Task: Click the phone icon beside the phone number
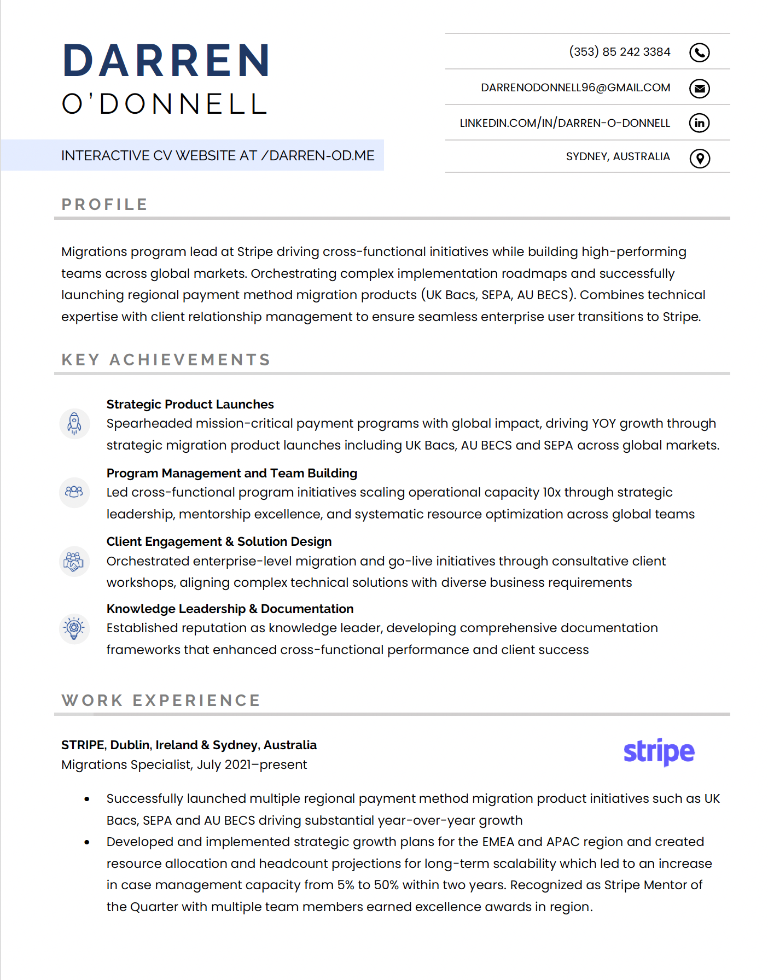click(699, 52)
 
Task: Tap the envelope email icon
click(699, 88)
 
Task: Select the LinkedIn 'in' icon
click(699, 122)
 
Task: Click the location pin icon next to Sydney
click(699, 158)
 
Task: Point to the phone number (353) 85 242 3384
click(619, 52)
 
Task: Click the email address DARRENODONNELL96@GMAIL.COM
click(575, 87)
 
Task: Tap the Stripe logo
click(659, 752)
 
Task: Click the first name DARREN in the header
click(166, 61)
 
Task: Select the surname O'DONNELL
click(165, 104)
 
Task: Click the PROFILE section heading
click(104, 205)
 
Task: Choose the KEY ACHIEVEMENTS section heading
click(166, 360)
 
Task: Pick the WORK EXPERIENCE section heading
click(161, 701)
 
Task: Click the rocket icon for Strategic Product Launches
click(74, 423)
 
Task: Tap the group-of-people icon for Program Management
click(74, 492)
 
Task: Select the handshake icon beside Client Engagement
click(74, 561)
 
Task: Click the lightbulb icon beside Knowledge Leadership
click(74, 628)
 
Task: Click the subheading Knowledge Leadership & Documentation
click(230, 609)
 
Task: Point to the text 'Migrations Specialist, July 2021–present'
click(184, 765)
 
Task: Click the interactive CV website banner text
click(218, 156)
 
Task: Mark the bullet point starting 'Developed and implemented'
click(87, 842)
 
